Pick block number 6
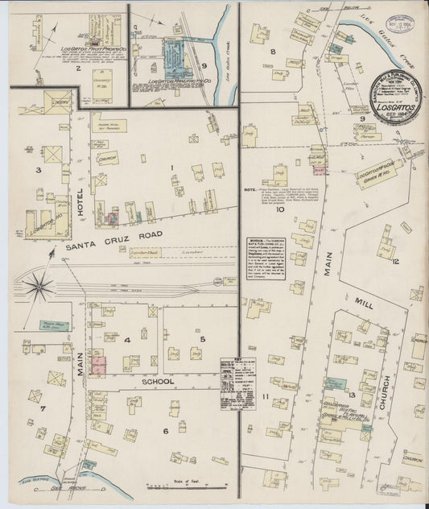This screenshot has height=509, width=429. click(x=165, y=431)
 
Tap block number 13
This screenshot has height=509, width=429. click(x=353, y=371)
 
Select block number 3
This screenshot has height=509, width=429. click(x=37, y=170)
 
